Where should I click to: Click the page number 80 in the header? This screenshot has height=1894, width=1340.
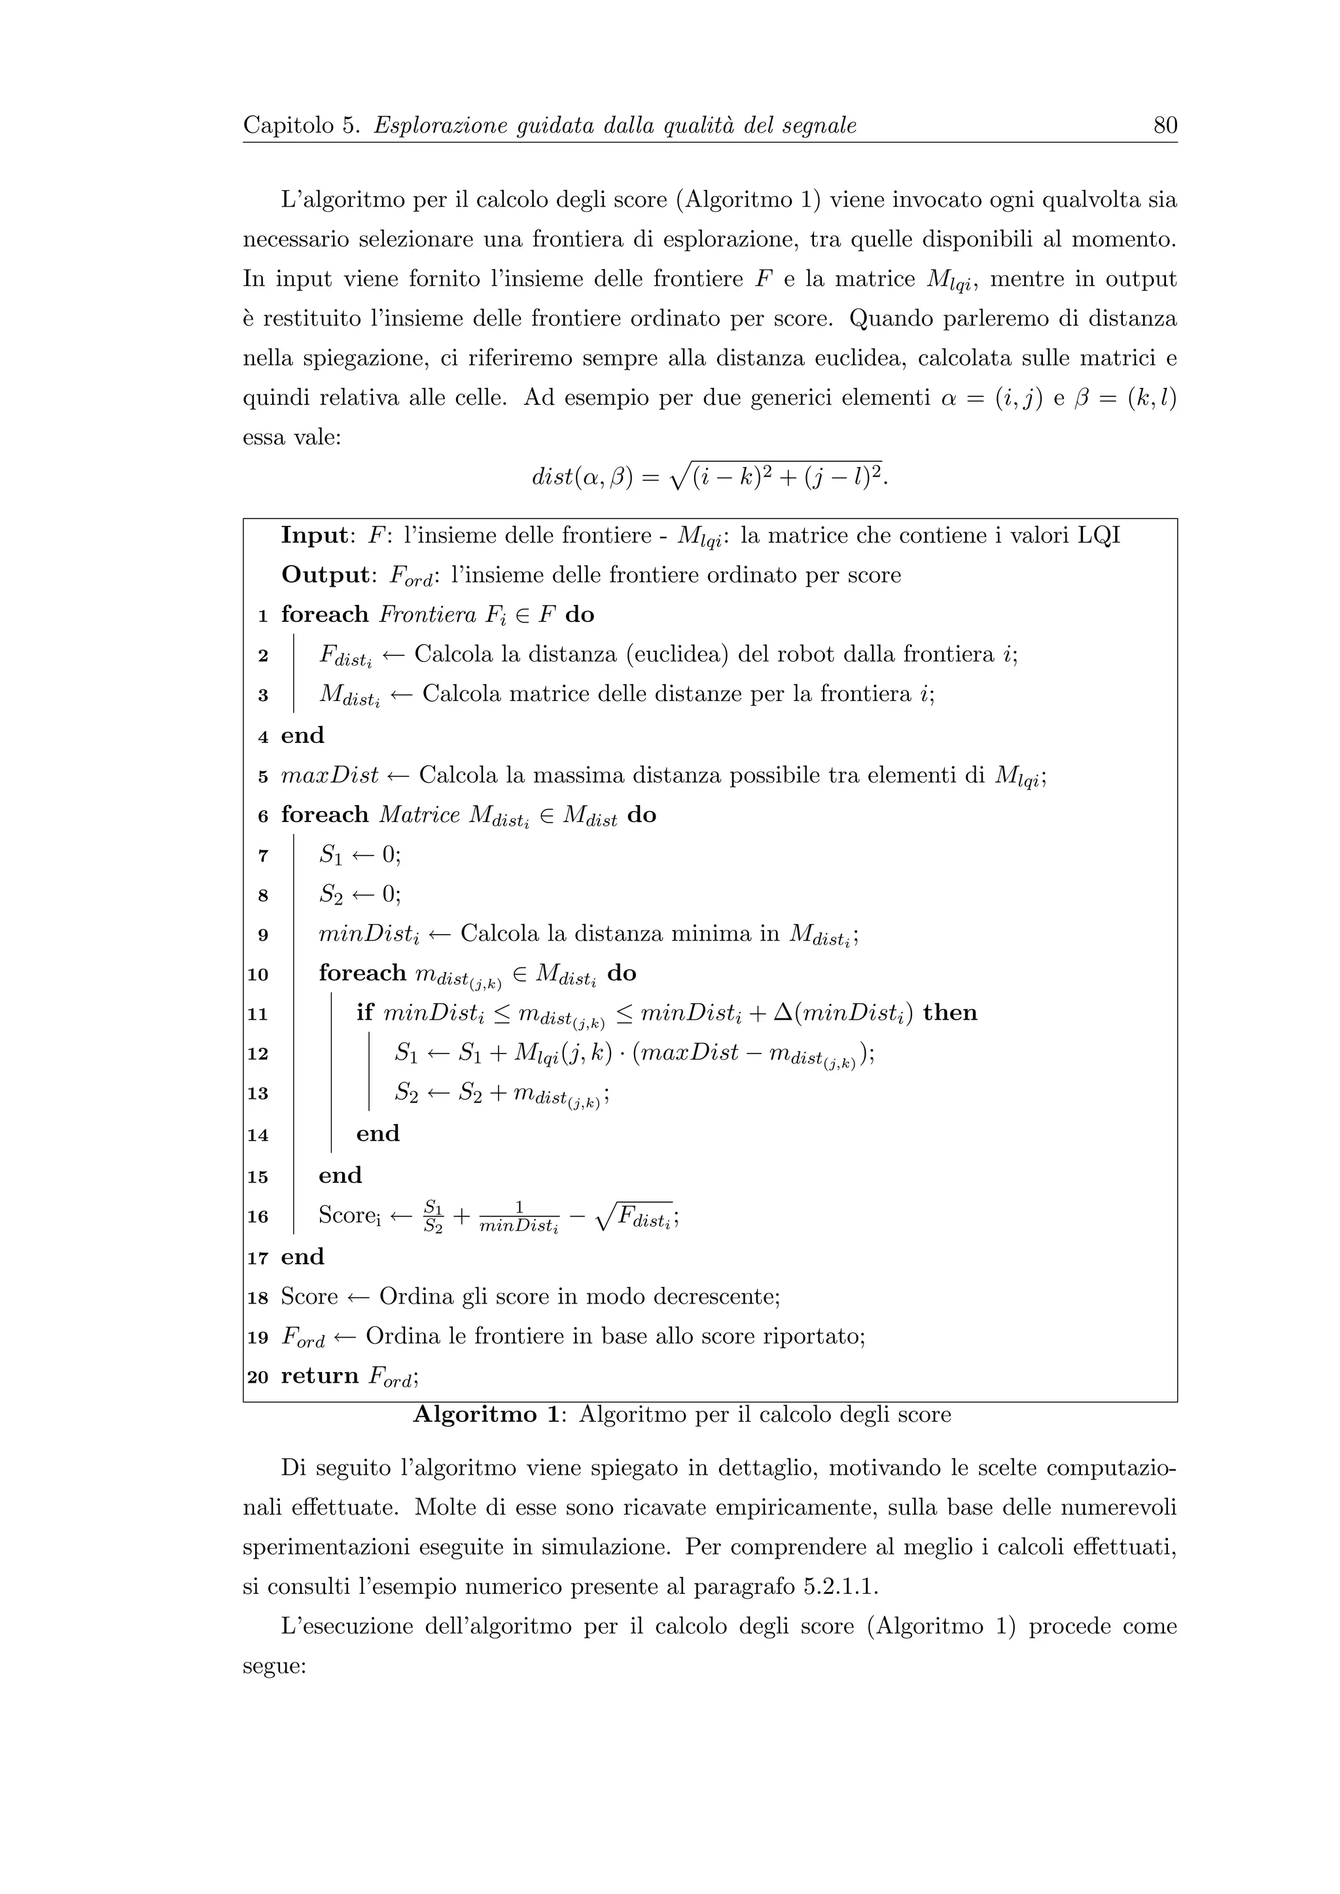pos(1164,126)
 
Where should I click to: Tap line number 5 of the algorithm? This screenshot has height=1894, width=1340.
pos(262,777)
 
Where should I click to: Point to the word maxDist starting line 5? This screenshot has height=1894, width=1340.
pos(329,776)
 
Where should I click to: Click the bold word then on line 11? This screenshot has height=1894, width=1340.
pos(950,1012)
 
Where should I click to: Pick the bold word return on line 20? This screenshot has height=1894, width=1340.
pos(319,1376)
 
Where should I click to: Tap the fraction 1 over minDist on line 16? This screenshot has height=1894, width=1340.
pos(519,1216)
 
